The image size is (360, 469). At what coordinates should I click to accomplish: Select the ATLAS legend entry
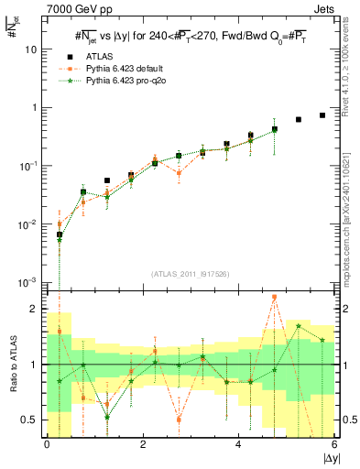point(100,56)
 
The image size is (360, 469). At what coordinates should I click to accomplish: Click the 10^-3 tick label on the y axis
point(29,281)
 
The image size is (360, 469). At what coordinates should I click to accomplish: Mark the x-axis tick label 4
point(238,445)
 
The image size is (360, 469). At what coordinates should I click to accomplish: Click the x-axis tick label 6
point(334,445)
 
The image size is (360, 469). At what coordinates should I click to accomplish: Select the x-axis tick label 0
point(46,445)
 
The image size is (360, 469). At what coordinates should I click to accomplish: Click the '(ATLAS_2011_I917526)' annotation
point(191,274)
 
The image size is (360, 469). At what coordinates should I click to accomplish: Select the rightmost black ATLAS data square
point(322,115)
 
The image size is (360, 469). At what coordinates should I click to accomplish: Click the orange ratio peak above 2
point(275,298)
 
